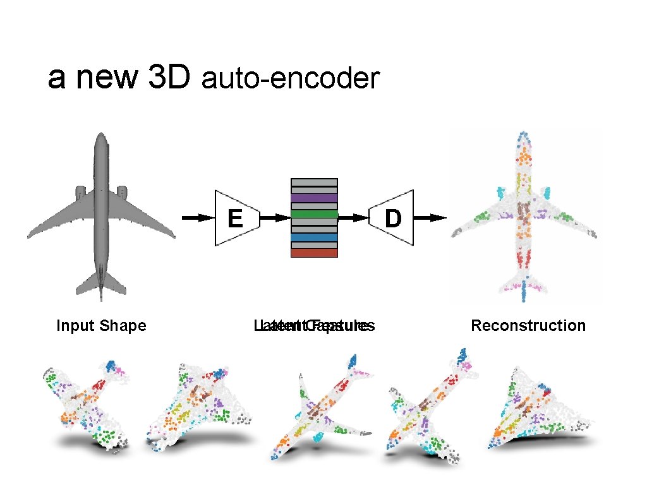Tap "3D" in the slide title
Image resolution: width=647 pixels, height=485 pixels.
point(169,78)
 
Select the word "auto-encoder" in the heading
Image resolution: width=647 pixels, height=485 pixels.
point(290,80)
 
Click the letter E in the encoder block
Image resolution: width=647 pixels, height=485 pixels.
point(235,219)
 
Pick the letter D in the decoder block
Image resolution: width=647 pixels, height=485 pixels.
point(393,219)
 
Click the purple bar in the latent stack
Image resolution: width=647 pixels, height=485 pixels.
point(314,198)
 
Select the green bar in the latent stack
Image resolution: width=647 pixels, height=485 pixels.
point(314,214)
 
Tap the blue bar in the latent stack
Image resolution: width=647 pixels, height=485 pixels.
point(314,237)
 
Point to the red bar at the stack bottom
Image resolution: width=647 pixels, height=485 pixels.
point(314,253)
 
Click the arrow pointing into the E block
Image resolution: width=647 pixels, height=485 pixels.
point(198,218)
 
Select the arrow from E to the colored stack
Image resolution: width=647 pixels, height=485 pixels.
point(274,218)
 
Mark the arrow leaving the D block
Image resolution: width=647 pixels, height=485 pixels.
point(431,218)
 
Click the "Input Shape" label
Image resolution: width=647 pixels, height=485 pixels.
point(101,326)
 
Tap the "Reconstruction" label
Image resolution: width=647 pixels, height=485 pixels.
point(528,326)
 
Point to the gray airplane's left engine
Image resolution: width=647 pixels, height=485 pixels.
point(80,191)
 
